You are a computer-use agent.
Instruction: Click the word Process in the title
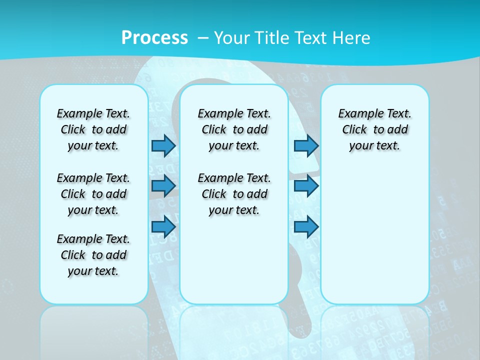click(154, 37)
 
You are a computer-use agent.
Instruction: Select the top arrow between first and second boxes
click(163, 145)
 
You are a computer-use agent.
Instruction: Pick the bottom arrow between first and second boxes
click(163, 226)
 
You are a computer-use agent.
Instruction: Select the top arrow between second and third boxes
click(306, 145)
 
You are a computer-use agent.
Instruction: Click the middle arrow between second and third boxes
click(306, 186)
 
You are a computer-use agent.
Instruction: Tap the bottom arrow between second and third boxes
click(306, 226)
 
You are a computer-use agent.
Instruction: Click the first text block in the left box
click(93, 129)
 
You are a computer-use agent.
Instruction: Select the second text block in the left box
click(93, 194)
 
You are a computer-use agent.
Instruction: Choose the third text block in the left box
click(93, 255)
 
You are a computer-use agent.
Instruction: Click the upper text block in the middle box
click(234, 129)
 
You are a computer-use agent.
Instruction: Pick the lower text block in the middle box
click(234, 194)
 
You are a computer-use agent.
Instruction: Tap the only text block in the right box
click(374, 129)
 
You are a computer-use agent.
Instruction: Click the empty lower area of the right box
click(374, 235)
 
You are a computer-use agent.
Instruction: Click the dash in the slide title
click(203, 37)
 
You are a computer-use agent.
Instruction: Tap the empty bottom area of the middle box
click(234, 265)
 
